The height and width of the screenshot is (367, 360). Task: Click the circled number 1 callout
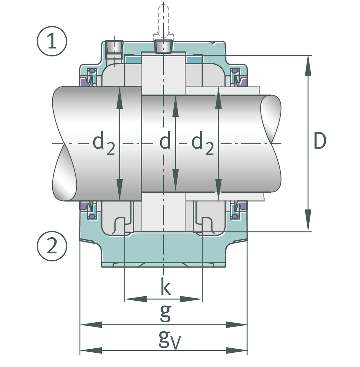52,42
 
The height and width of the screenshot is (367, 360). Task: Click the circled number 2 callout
52,246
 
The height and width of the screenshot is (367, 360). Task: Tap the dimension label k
165,287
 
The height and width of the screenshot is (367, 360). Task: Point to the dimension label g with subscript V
168,340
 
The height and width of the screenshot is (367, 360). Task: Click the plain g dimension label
165,313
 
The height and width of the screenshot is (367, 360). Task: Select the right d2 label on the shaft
202,144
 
